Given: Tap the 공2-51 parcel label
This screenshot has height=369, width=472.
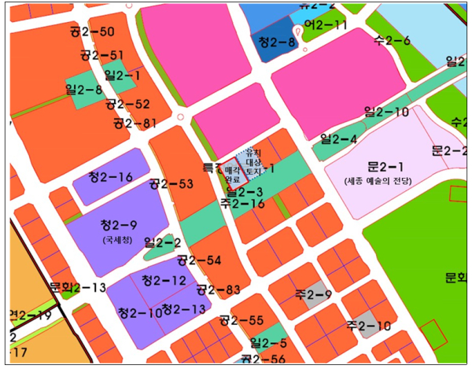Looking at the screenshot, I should coord(101,55).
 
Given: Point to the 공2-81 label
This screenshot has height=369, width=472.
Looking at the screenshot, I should coord(135,123).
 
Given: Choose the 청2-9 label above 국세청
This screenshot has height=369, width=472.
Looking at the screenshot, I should coord(120,225).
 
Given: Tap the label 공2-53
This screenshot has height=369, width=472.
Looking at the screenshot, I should coord(171,184).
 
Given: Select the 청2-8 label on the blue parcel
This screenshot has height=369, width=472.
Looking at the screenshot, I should coord(277,42).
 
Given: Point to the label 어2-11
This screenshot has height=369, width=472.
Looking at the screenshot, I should coord(326,25).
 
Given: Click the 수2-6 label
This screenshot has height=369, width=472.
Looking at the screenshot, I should coord(393,41).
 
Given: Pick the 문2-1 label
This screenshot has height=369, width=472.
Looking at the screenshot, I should coord(385,167).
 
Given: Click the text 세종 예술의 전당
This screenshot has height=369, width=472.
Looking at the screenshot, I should coord(385,182).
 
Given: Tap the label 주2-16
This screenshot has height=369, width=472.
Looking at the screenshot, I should coord(242,204).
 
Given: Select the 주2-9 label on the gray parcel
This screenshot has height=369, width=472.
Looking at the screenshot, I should coord(313,295).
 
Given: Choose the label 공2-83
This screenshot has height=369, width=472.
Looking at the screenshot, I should coord(219,290).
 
